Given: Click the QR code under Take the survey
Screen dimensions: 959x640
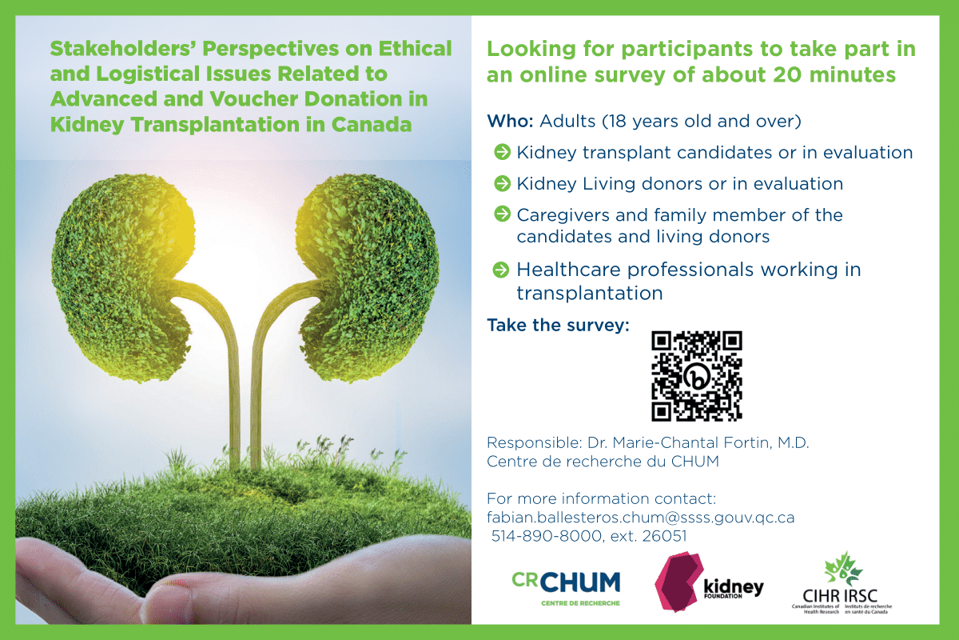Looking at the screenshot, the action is (697, 376).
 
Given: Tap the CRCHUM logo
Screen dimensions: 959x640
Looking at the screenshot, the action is (566, 588).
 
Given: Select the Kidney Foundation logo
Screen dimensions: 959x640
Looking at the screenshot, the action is (709, 582).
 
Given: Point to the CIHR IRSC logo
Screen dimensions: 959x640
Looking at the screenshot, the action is (842, 583).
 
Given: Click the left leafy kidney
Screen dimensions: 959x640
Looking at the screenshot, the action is (122, 277).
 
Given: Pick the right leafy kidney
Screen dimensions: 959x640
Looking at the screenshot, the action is (368, 277).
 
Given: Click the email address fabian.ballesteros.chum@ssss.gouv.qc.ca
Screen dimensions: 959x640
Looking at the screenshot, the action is (640, 518).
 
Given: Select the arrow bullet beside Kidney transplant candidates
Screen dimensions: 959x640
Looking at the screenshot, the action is (502, 152).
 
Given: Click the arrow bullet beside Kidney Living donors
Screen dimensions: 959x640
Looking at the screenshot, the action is (502, 183).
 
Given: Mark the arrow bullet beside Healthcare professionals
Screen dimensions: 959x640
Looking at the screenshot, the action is (501, 270).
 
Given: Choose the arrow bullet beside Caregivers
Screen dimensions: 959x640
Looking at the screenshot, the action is (502, 214).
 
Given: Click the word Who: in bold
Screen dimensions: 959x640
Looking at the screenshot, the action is (510, 122).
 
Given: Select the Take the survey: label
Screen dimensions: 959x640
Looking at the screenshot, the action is (559, 325).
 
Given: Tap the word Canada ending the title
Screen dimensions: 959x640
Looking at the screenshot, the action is (372, 124).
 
